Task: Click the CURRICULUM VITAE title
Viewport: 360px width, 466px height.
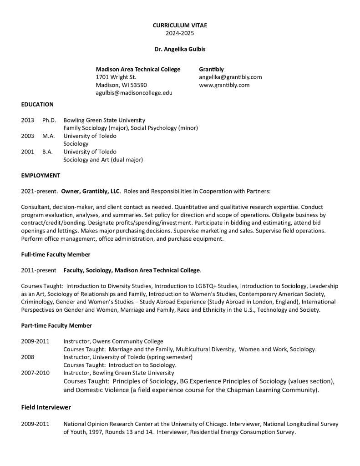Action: pos(180,25)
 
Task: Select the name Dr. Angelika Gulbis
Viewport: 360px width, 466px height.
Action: pos(180,49)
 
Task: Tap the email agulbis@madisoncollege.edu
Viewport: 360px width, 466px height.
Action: pos(134,93)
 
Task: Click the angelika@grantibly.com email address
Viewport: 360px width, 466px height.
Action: pos(230,77)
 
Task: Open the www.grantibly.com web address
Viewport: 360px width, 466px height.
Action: pos(224,85)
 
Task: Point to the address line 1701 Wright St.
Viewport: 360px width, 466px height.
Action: pos(116,77)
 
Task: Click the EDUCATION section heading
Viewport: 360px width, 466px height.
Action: pos(37,104)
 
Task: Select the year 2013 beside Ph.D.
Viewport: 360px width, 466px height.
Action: pos(27,120)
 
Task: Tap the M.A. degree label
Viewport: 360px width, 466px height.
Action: pos(48,136)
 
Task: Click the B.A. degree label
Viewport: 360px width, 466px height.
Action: pos(47,152)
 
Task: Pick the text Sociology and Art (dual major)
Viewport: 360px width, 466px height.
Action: pos(103,160)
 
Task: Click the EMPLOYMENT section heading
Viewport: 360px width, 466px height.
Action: pos(41,175)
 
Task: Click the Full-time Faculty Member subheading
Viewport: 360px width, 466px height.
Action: pos(56,254)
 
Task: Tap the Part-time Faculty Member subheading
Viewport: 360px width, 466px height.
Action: pos(56,325)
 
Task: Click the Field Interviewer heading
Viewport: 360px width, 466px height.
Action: pos(46,407)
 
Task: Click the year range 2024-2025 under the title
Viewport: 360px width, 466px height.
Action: pos(180,33)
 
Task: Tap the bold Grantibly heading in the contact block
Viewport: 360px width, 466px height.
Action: pos(211,69)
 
